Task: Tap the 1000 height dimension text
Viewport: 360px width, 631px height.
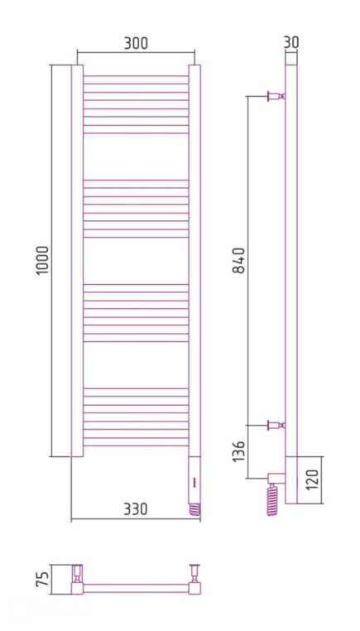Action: pyautogui.click(x=44, y=262)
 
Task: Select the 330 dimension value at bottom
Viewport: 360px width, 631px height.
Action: pyautogui.click(x=135, y=509)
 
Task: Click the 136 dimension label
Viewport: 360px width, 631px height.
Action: pyautogui.click(x=239, y=458)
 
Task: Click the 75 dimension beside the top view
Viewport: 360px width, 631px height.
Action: pyautogui.click(x=44, y=577)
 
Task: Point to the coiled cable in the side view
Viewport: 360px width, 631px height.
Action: pyautogui.click(x=271, y=499)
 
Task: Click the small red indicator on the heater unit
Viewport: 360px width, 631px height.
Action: pyautogui.click(x=193, y=483)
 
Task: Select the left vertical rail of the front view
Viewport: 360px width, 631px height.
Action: pyautogui.click(x=77, y=261)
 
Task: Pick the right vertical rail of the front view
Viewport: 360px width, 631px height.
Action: pyautogui.click(x=194, y=261)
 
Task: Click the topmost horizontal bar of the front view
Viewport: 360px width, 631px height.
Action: pyautogui.click(x=136, y=79)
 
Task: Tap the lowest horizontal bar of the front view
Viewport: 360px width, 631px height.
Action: pyautogui.click(x=136, y=446)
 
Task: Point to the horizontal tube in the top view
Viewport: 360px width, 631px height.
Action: pyautogui.click(x=137, y=588)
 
